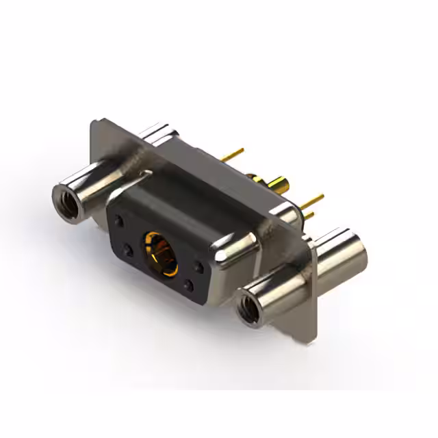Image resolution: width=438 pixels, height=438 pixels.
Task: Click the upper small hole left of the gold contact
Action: pyautogui.click(x=121, y=221)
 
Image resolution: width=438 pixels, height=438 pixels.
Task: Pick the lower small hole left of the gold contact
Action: pyautogui.click(x=128, y=248)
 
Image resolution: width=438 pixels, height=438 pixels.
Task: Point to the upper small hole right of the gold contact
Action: pyautogui.click(x=199, y=264)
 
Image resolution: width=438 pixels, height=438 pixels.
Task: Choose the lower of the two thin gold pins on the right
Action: pyautogui.click(x=309, y=214)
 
